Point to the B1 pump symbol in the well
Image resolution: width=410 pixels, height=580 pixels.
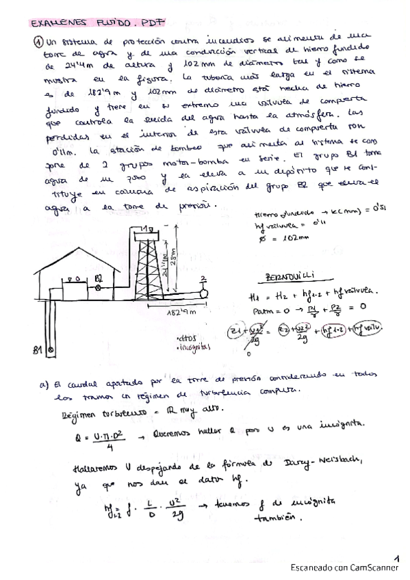(x=49, y=350)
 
